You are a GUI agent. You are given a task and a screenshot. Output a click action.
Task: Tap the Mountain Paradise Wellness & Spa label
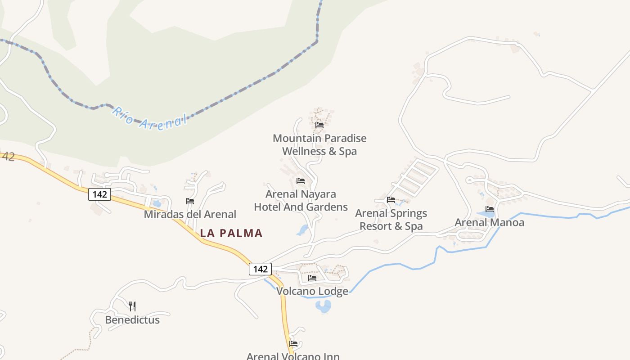319,145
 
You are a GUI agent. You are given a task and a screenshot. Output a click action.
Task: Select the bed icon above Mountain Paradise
319,125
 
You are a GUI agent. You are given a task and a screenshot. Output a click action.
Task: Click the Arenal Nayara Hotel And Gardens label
301,201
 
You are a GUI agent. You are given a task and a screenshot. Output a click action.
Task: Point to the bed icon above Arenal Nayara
301,181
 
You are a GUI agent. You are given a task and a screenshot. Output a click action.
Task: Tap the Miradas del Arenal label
190,214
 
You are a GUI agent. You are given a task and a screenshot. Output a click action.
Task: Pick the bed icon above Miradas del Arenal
190,201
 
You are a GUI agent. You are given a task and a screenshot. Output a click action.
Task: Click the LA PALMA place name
231,233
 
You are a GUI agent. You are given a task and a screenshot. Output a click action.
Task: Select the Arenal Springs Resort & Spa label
391,220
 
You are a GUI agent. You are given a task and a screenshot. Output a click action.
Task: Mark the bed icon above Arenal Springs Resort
391,200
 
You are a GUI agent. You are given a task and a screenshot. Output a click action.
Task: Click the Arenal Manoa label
490,222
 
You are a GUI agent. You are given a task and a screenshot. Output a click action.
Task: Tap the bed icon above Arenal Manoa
490,209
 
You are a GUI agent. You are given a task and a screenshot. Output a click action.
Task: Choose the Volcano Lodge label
312,291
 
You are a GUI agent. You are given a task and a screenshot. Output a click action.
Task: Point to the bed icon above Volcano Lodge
312,278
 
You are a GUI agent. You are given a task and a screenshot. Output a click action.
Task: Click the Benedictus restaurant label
132,320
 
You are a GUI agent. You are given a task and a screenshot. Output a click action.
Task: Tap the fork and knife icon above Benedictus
132,306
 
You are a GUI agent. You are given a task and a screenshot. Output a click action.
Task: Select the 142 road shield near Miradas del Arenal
99,194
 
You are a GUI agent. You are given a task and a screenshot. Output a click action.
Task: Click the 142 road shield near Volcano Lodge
260,269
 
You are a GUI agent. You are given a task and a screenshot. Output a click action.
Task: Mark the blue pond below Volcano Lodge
323,306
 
